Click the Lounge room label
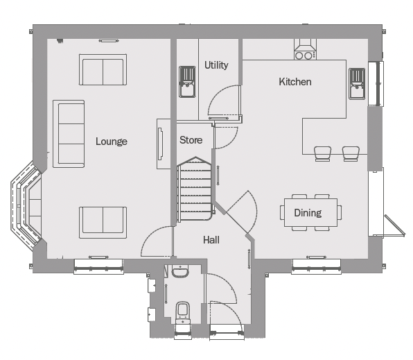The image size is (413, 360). click(112, 142)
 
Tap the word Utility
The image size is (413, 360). click(216, 65)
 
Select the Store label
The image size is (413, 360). click(191, 140)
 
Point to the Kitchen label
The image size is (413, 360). click(295, 82)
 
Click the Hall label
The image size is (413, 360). click(211, 240)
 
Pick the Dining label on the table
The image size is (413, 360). click(308, 213)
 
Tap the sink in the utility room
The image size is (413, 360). click(187, 82)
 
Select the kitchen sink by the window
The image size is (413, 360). click(357, 84)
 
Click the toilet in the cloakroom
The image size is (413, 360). click(183, 312)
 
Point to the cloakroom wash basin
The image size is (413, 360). click(180, 271)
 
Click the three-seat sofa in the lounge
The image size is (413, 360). click(69, 134)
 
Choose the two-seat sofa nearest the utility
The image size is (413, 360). click(103, 69)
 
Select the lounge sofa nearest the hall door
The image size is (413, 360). click(103, 223)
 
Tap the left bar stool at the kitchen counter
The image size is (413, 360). click(323, 153)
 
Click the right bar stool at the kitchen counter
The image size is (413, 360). click(351, 153)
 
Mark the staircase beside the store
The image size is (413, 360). click(195, 189)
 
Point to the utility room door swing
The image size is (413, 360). click(225, 101)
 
